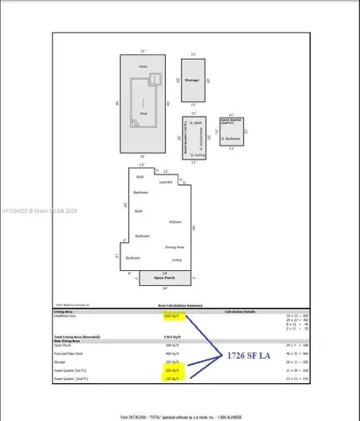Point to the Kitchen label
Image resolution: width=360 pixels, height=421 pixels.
175,222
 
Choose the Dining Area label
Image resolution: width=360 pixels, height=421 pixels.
174,247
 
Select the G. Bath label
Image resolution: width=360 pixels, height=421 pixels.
198,124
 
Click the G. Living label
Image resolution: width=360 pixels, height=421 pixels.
198,154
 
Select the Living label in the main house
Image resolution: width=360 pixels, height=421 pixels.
176,260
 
